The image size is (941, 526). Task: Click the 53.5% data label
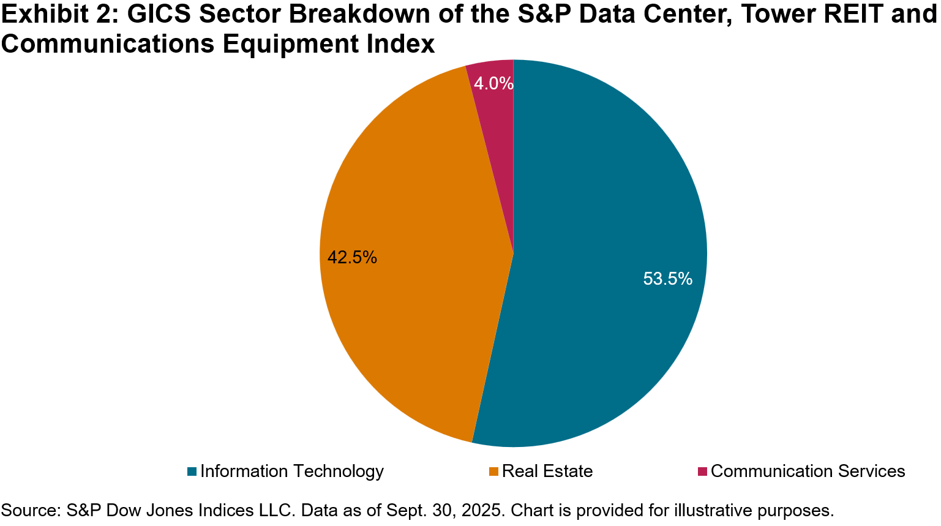(667, 279)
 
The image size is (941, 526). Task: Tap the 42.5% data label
(352, 257)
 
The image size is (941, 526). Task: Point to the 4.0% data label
(493, 83)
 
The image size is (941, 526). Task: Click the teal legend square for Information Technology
(192, 472)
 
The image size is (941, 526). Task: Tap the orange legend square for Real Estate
(494, 472)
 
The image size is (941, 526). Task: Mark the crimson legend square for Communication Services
(702, 472)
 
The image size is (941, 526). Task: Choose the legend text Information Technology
(292, 472)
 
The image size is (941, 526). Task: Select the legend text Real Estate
(547, 472)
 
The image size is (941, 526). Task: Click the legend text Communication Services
(808, 472)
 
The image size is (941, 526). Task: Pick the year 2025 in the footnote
(480, 510)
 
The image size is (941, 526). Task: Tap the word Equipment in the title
(291, 44)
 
